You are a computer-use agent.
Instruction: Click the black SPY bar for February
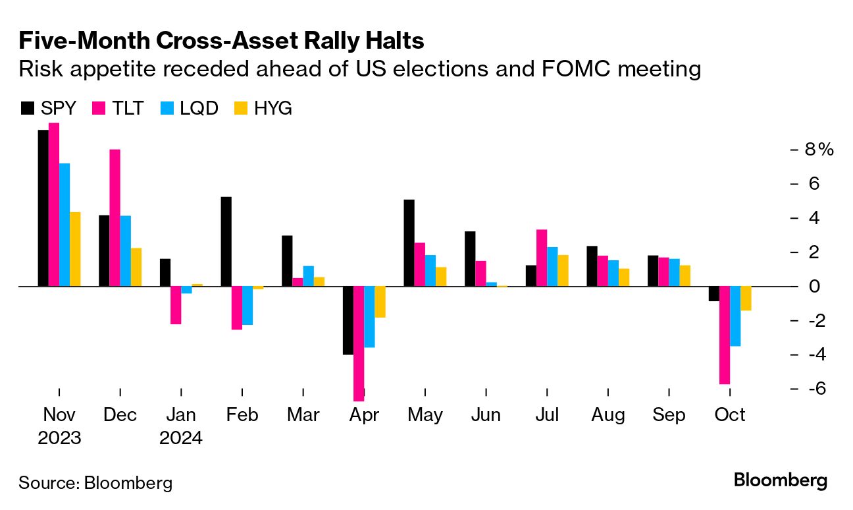pyautogui.click(x=226, y=242)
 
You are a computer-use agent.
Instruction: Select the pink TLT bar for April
pyautogui.click(x=359, y=343)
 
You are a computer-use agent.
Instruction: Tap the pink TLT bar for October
pyautogui.click(x=725, y=335)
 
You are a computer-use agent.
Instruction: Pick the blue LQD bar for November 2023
pyautogui.click(x=65, y=225)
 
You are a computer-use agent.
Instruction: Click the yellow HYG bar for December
pyautogui.click(x=136, y=267)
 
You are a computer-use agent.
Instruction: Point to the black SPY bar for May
pyautogui.click(x=409, y=242)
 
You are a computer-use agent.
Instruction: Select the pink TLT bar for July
pyautogui.click(x=542, y=258)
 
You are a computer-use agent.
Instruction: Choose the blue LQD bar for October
pyautogui.click(x=735, y=316)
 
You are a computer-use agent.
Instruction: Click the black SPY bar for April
pyautogui.click(x=348, y=320)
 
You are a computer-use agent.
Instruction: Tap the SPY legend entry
pyautogui.click(x=50, y=108)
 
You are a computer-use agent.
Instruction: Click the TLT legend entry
pyautogui.click(x=118, y=108)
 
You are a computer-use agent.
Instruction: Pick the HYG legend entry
pyautogui.click(x=263, y=108)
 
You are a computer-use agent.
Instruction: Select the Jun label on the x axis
pyautogui.click(x=486, y=415)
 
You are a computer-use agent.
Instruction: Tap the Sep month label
pyautogui.click(x=669, y=415)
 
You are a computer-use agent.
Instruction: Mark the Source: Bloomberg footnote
pyautogui.click(x=95, y=482)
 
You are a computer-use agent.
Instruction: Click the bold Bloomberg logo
pyautogui.click(x=781, y=480)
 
